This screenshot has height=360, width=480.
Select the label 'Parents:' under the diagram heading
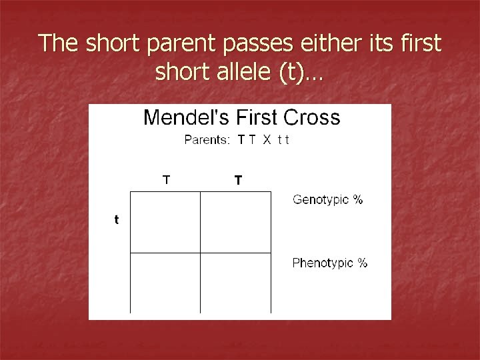(207, 140)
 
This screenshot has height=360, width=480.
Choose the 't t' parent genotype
(283, 140)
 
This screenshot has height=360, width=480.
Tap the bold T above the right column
(238, 180)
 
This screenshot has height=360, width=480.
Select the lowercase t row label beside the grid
(117, 219)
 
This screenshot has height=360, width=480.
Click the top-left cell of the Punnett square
(165, 222)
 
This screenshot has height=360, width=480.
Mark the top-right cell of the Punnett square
(235, 222)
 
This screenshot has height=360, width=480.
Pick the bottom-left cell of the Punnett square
(165, 283)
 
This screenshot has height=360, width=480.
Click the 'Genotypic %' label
(327, 199)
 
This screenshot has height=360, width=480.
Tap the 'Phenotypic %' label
(329, 263)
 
